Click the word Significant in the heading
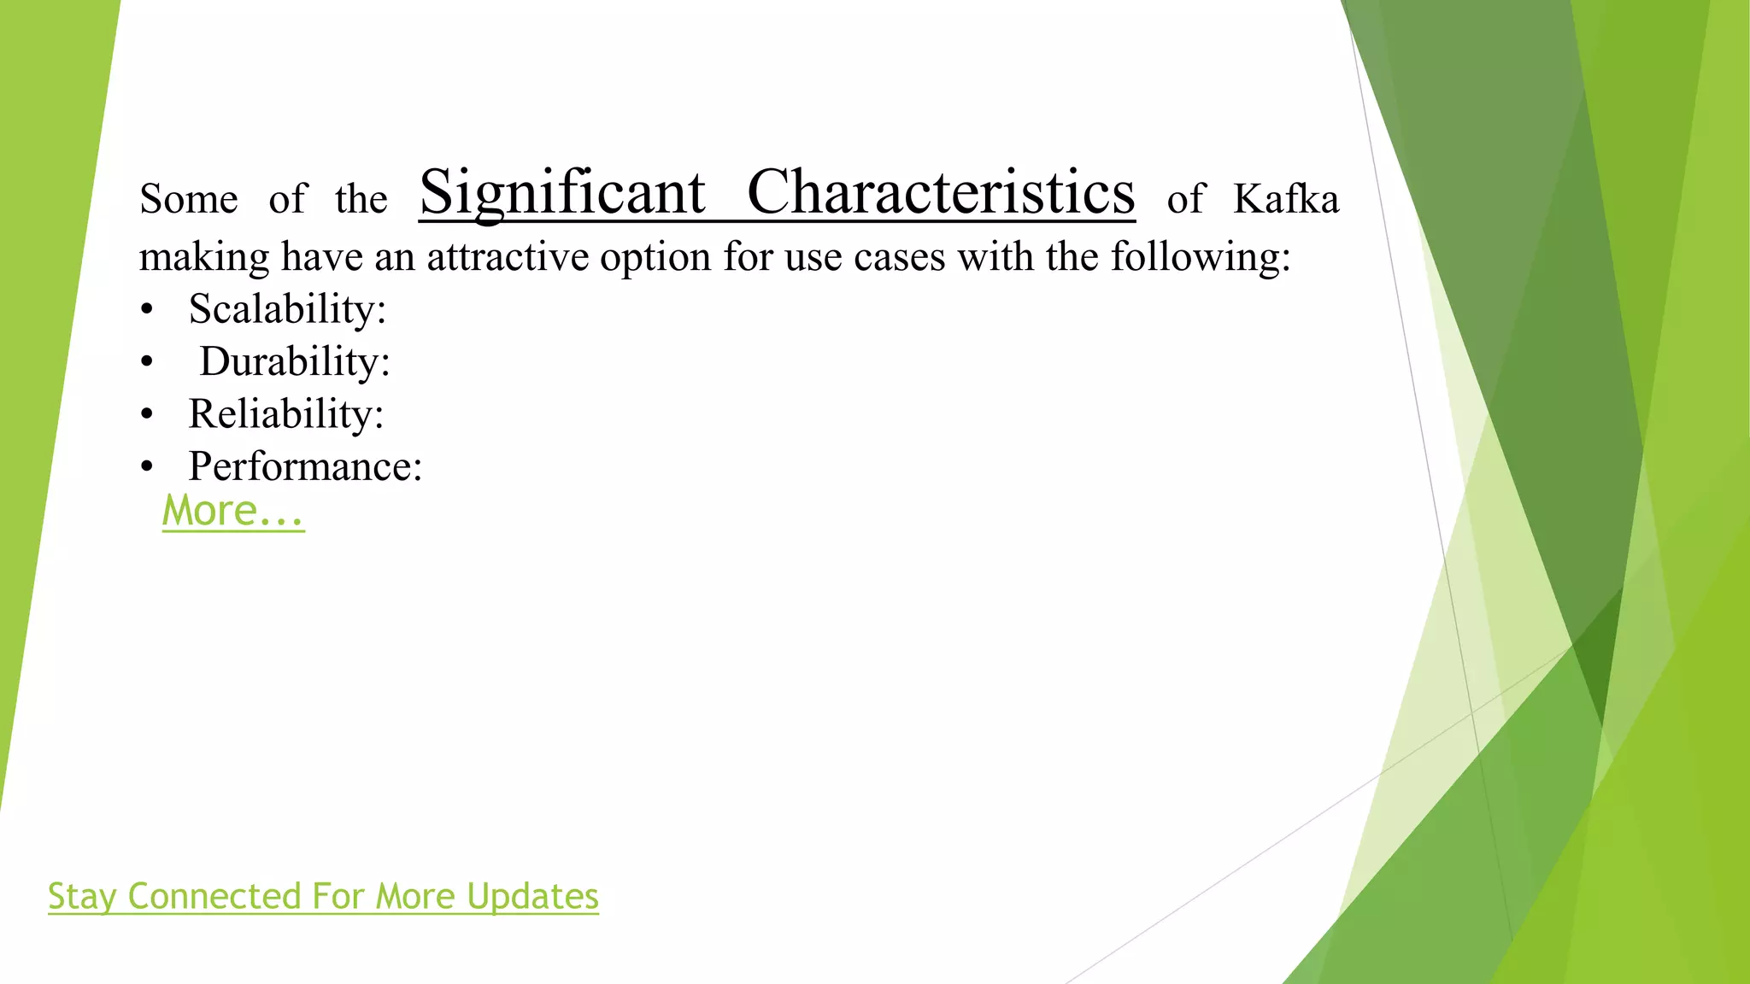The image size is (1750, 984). coord(562,193)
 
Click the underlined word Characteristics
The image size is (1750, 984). coord(941,193)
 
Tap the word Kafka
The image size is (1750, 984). coord(1285,200)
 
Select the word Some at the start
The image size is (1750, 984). coord(189,200)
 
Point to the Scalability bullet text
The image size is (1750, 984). coord(287,309)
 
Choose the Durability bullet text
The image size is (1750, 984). coord(295,362)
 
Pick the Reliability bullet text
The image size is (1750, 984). coord(286,415)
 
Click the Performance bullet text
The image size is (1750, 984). coord(305,467)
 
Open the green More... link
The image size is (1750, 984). coord(233,512)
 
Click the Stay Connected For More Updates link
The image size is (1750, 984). coord(323,897)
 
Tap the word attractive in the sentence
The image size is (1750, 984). coord(508,257)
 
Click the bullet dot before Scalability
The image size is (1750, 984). coord(147,311)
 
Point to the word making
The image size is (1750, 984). coord(204,257)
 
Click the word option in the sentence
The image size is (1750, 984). coord(655,257)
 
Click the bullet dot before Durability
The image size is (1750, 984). coord(147,363)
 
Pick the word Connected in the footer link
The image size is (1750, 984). coord(214,897)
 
